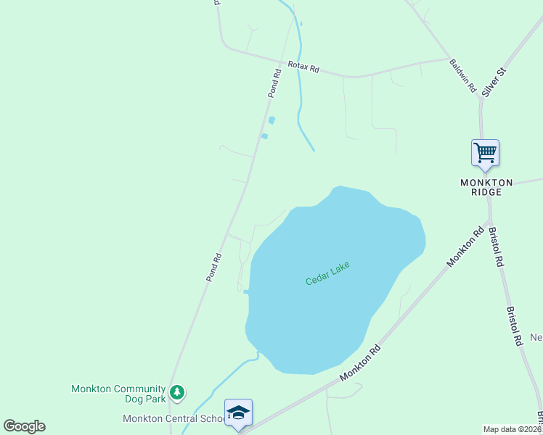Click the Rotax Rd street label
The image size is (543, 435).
(x=303, y=67)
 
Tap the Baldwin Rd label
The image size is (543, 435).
(x=462, y=75)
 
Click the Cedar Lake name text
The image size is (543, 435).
(x=327, y=273)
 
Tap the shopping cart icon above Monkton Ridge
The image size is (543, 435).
(x=485, y=153)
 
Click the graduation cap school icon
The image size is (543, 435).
(x=238, y=413)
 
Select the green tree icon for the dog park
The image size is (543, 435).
(x=177, y=393)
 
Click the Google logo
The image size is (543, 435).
(x=24, y=426)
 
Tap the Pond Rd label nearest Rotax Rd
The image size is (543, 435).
(x=274, y=83)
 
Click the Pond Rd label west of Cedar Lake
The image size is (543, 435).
(x=213, y=267)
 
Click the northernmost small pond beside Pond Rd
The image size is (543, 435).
(x=272, y=120)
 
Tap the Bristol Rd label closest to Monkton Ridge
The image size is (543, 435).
(x=496, y=247)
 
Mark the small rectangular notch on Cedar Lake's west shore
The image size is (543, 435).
(x=247, y=292)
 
